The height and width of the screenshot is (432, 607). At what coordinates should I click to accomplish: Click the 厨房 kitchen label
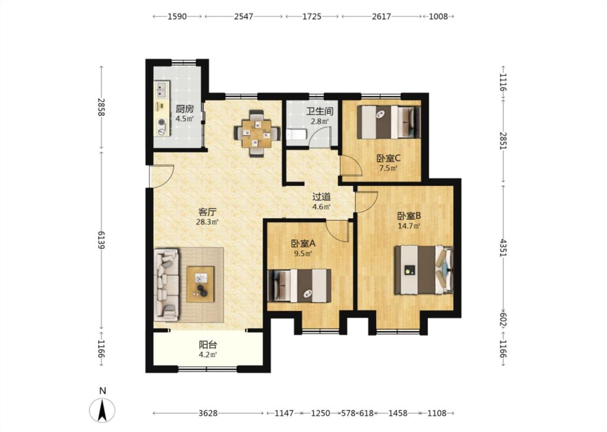[185, 109]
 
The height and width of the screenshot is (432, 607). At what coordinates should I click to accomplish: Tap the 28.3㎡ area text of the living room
[208, 222]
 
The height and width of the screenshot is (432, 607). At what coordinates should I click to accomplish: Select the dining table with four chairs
[256, 133]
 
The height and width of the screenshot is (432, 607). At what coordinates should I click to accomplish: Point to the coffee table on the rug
[201, 285]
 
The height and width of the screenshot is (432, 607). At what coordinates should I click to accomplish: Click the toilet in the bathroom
[297, 135]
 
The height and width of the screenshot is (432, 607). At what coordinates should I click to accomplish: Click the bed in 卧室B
[424, 269]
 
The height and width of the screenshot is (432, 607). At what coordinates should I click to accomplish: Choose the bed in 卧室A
[299, 286]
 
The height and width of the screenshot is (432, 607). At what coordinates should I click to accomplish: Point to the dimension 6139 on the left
[102, 240]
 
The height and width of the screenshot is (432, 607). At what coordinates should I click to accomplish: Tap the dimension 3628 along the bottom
[208, 414]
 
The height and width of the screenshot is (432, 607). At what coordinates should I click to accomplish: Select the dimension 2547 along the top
[243, 16]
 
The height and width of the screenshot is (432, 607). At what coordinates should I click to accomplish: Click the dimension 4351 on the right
[503, 247]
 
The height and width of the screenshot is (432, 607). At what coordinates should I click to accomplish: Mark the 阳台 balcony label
[208, 345]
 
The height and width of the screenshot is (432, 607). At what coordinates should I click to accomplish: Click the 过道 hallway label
[322, 197]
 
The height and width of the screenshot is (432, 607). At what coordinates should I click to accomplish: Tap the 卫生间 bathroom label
[320, 112]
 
